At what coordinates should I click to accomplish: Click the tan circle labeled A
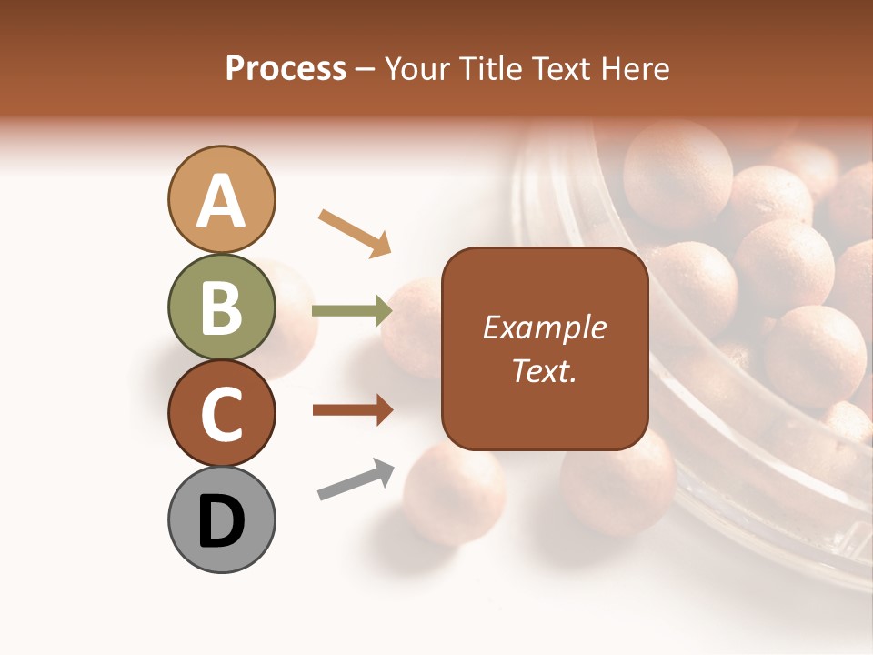pos(221,199)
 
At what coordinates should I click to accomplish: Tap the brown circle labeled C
pos(221,413)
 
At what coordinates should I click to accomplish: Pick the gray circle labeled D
pos(221,519)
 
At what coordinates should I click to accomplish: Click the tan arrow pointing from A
pos(356,232)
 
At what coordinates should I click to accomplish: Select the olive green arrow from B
pos(351,311)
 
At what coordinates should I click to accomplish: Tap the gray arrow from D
pos(356,480)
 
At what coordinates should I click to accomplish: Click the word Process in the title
pos(286,68)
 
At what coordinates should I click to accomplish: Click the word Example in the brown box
pos(544,327)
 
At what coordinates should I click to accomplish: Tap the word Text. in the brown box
pos(544,369)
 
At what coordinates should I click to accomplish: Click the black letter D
pos(221,521)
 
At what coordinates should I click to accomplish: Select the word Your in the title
pos(415,68)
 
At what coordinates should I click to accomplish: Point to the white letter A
pos(221,200)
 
